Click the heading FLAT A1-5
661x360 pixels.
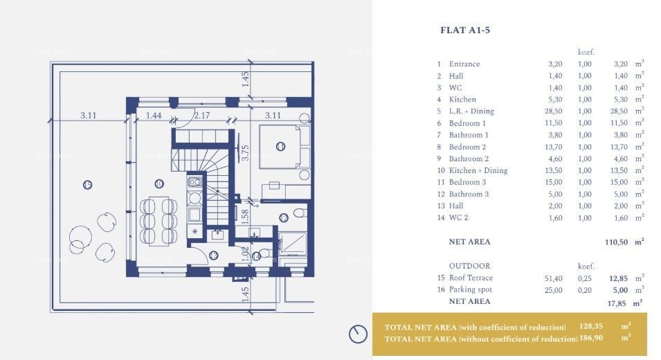click(x=465, y=30)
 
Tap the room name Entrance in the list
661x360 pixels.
click(x=464, y=64)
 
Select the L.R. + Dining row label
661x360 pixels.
click(x=471, y=111)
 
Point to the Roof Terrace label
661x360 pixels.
click(x=471, y=278)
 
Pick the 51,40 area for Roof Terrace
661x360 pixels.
click(x=553, y=278)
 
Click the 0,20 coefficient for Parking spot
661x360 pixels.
click(x=584, y=290)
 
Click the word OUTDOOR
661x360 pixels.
click(x=469, y=266)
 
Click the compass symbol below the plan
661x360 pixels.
click(x=358, y=334)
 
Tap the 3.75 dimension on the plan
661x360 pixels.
click(x=245, y=152)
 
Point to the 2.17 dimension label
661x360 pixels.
click(x=202, y=116)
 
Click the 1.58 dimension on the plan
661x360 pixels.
click(x=245, y=215)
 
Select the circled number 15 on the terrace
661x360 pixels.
click(x=87, y=184)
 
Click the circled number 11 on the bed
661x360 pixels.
click(x=280, y=146)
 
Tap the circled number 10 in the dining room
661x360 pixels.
click(x=159, y=183)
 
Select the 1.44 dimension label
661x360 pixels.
click(x=154, y=116)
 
